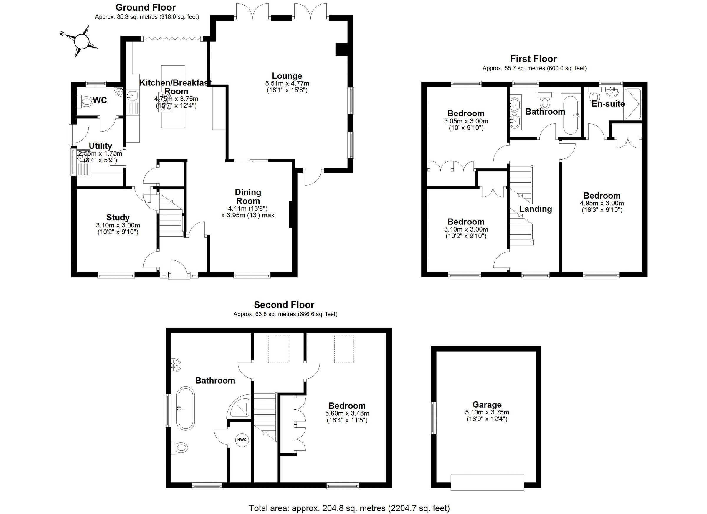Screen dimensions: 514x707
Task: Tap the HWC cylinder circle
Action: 242,440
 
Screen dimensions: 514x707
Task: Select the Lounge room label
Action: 287,76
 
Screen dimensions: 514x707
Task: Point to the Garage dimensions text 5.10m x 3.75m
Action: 487,412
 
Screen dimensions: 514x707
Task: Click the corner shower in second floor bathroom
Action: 239,406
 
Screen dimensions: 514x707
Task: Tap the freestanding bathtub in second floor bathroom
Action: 186,409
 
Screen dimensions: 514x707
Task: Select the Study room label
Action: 118,217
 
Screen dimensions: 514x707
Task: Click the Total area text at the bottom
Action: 349,508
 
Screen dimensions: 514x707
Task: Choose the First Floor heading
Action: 533,59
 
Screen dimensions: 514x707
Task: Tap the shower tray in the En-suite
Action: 632,104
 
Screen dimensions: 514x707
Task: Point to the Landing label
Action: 536,209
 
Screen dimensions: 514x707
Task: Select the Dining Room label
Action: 248,196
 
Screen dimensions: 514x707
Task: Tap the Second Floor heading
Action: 284,305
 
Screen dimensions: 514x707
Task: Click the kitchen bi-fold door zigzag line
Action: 172,38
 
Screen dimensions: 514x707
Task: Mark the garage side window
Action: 433,418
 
